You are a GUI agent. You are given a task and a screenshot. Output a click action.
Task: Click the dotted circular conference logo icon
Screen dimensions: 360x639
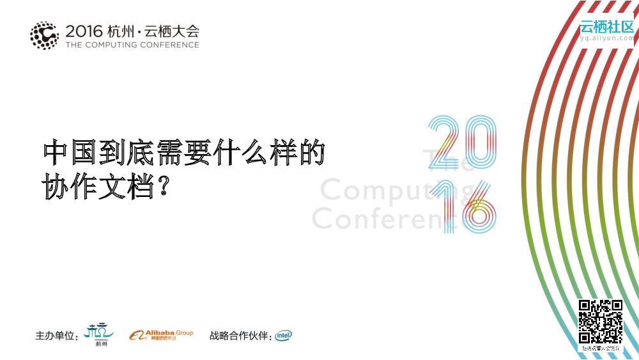pyautogui.click(x=44, y=36)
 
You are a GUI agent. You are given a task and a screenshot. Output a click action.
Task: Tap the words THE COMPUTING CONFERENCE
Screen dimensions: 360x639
pyautogui.click(x=132, y=45)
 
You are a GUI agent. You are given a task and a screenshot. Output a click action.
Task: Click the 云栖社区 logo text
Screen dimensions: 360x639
pyautogui.click(x=606, y=27)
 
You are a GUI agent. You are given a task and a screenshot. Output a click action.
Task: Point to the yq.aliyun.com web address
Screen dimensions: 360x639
pyautogui.click(x=606, y=38)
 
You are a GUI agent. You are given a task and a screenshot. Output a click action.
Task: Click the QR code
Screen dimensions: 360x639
pyautogui.click(x=601, y=322)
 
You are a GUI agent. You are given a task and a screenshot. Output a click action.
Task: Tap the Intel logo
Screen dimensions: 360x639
pyautogui.click(x=284, y=335)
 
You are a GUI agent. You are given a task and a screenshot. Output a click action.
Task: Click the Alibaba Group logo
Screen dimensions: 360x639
pyautogui.click(x=160, y=335)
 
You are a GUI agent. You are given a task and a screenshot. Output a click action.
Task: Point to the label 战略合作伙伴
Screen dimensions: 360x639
pyautogui.click(x=240, y=336)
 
